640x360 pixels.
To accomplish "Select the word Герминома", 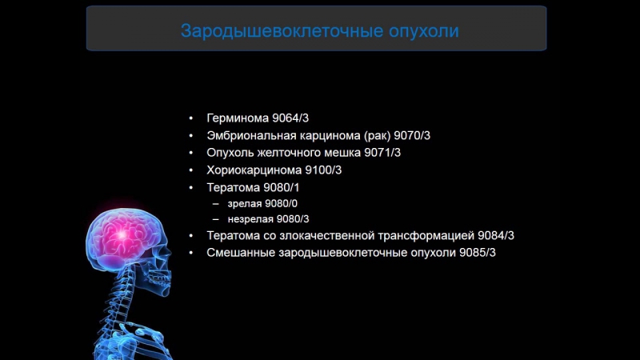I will pos(238,117).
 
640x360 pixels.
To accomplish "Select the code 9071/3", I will pos(382,152).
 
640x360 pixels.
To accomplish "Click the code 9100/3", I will pos(324,170).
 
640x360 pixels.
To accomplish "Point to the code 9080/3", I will pos(292,219).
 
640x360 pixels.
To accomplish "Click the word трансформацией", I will pos(435,236).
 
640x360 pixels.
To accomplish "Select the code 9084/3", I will pos(496,236).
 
